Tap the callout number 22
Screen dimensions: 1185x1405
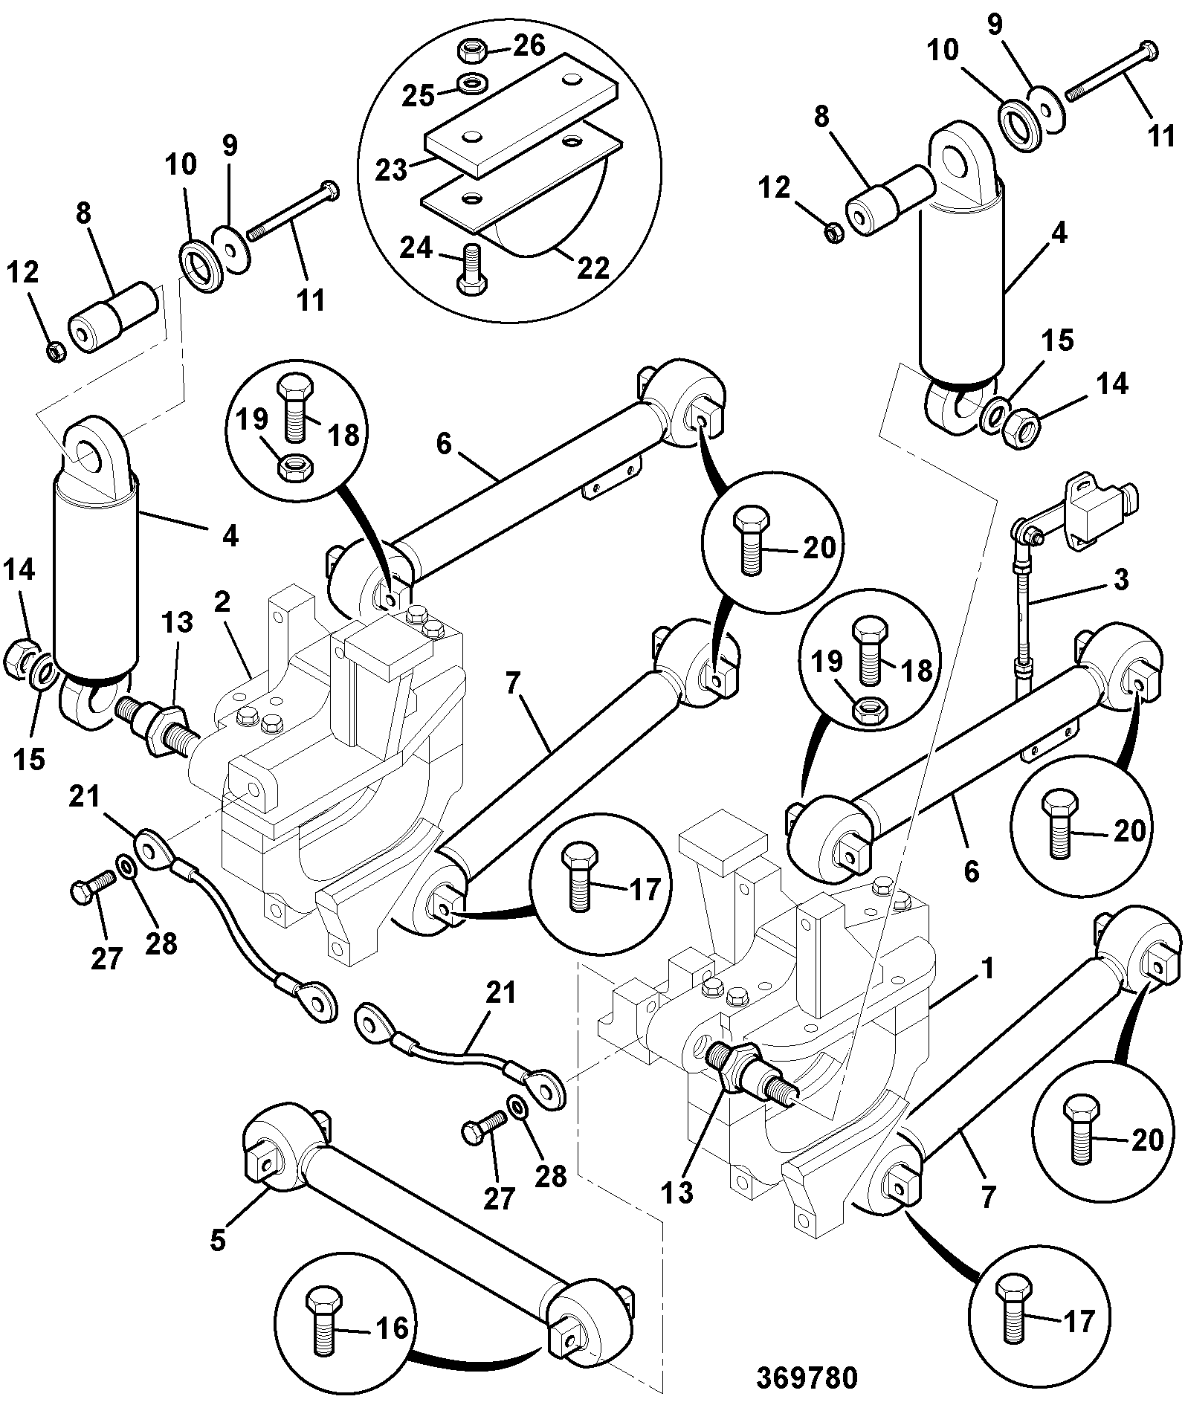(592, 268)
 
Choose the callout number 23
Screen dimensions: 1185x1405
(390, 169)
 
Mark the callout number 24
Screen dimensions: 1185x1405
(416, 248)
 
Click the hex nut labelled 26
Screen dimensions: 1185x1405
(470, 51)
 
